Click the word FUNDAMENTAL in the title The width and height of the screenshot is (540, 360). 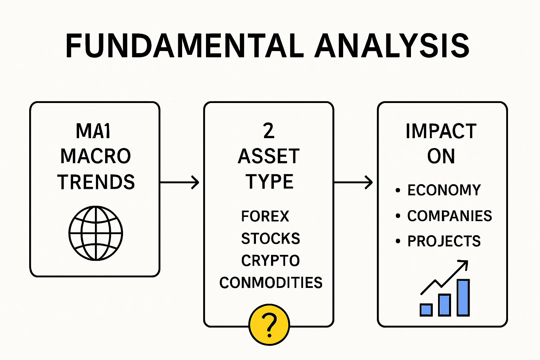tap(185, 46)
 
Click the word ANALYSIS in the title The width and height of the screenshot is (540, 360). tap(392, 46)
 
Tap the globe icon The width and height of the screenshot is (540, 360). tap(96, 233)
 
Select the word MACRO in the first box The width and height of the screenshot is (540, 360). tap(96, 156)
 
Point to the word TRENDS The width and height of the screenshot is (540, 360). tap(96, 182)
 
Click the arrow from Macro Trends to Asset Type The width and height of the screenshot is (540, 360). tap(179, 182)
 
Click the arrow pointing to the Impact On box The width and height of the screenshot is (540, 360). tap(353, 182)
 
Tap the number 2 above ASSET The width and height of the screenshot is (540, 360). tap(269, 131)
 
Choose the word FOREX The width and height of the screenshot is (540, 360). tap(265, 216)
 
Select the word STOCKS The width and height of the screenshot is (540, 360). tap(270, 239)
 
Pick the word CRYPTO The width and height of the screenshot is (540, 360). tap(270, 261)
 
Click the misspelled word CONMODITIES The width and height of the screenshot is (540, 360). tap(271, 283)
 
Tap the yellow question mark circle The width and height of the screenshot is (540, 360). tap(269, 324)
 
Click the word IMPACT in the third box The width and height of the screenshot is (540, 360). tap(441, 131)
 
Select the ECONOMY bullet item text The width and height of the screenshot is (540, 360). tap(444, 190)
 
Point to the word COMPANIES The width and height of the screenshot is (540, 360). tap(450, 216)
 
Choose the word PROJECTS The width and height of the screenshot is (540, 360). tap(444, 241)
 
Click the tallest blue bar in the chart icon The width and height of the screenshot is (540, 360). tap(463, 297)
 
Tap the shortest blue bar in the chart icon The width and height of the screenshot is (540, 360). tap(426, 310)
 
